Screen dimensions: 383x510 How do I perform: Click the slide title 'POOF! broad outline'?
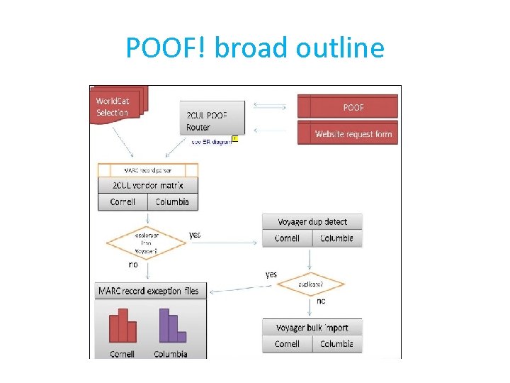coord(255,48)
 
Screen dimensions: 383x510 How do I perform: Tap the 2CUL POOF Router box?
coord(213,118)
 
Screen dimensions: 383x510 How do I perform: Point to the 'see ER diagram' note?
coord(211,141)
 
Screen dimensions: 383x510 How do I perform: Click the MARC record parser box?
coord(147,170)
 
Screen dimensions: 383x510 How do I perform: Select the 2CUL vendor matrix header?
coord(147,185)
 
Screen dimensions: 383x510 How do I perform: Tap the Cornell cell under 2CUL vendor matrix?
coord(123,201)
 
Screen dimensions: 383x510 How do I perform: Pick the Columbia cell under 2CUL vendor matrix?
coord(172,201)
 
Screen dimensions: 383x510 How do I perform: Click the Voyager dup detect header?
coord(312,222)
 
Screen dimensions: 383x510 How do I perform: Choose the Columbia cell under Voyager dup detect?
coord(336,238)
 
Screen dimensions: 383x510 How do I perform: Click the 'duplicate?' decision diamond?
coord(310,284)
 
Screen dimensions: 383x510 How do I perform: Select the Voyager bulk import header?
coord(312,328)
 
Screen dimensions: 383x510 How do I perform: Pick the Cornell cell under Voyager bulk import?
coord(287,344)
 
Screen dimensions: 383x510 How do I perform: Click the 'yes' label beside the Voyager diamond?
coord(195,234)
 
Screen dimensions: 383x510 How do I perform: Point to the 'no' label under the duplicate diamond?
coord(321,301)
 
